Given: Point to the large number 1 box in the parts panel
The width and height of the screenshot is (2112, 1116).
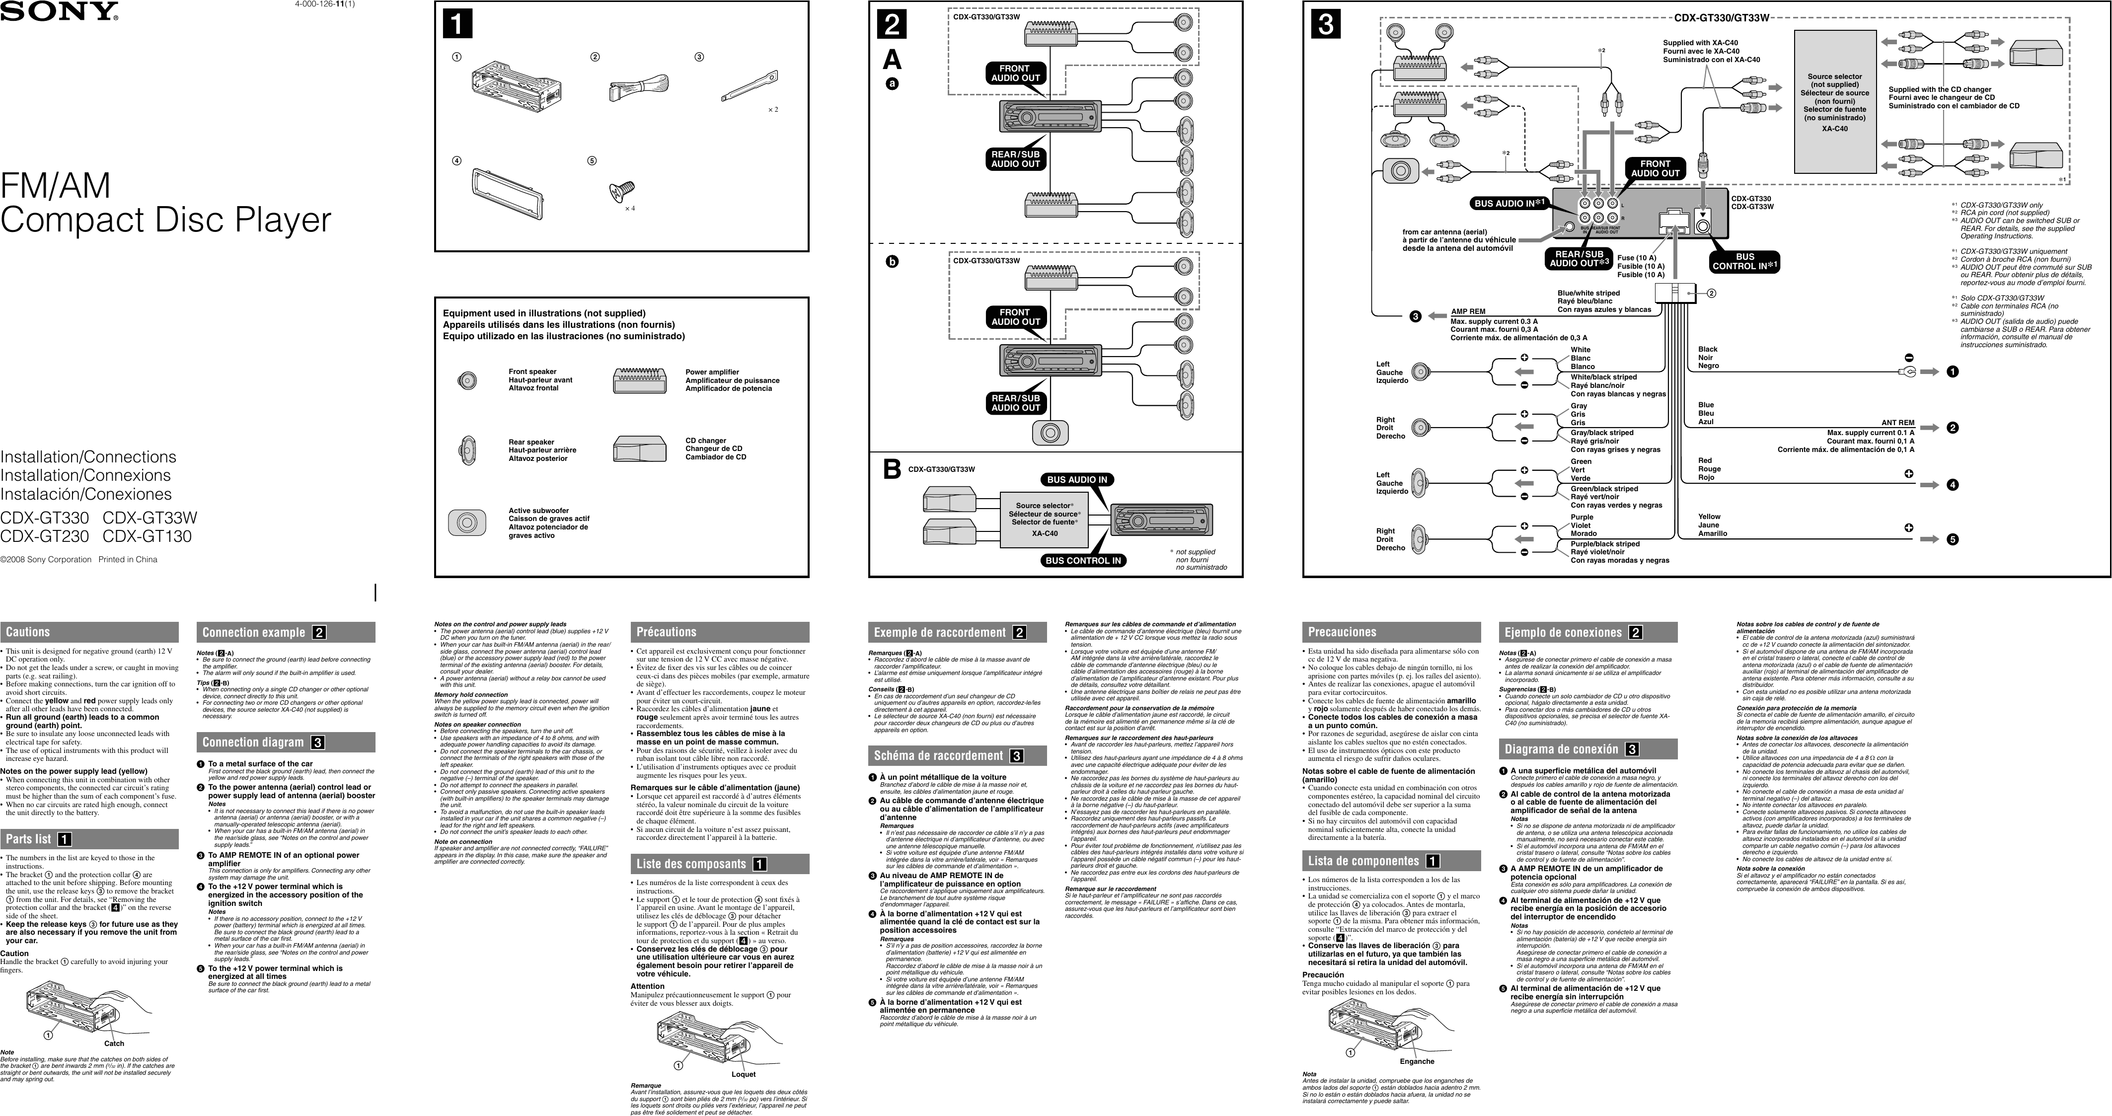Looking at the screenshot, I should pos(457,25).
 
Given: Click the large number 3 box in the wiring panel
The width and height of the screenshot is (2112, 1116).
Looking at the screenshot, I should pos(1326,25).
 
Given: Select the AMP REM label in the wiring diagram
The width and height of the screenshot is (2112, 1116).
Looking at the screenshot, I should pos(1468,311).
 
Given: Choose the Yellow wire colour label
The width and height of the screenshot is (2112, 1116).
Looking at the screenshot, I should pos(1710,517).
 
